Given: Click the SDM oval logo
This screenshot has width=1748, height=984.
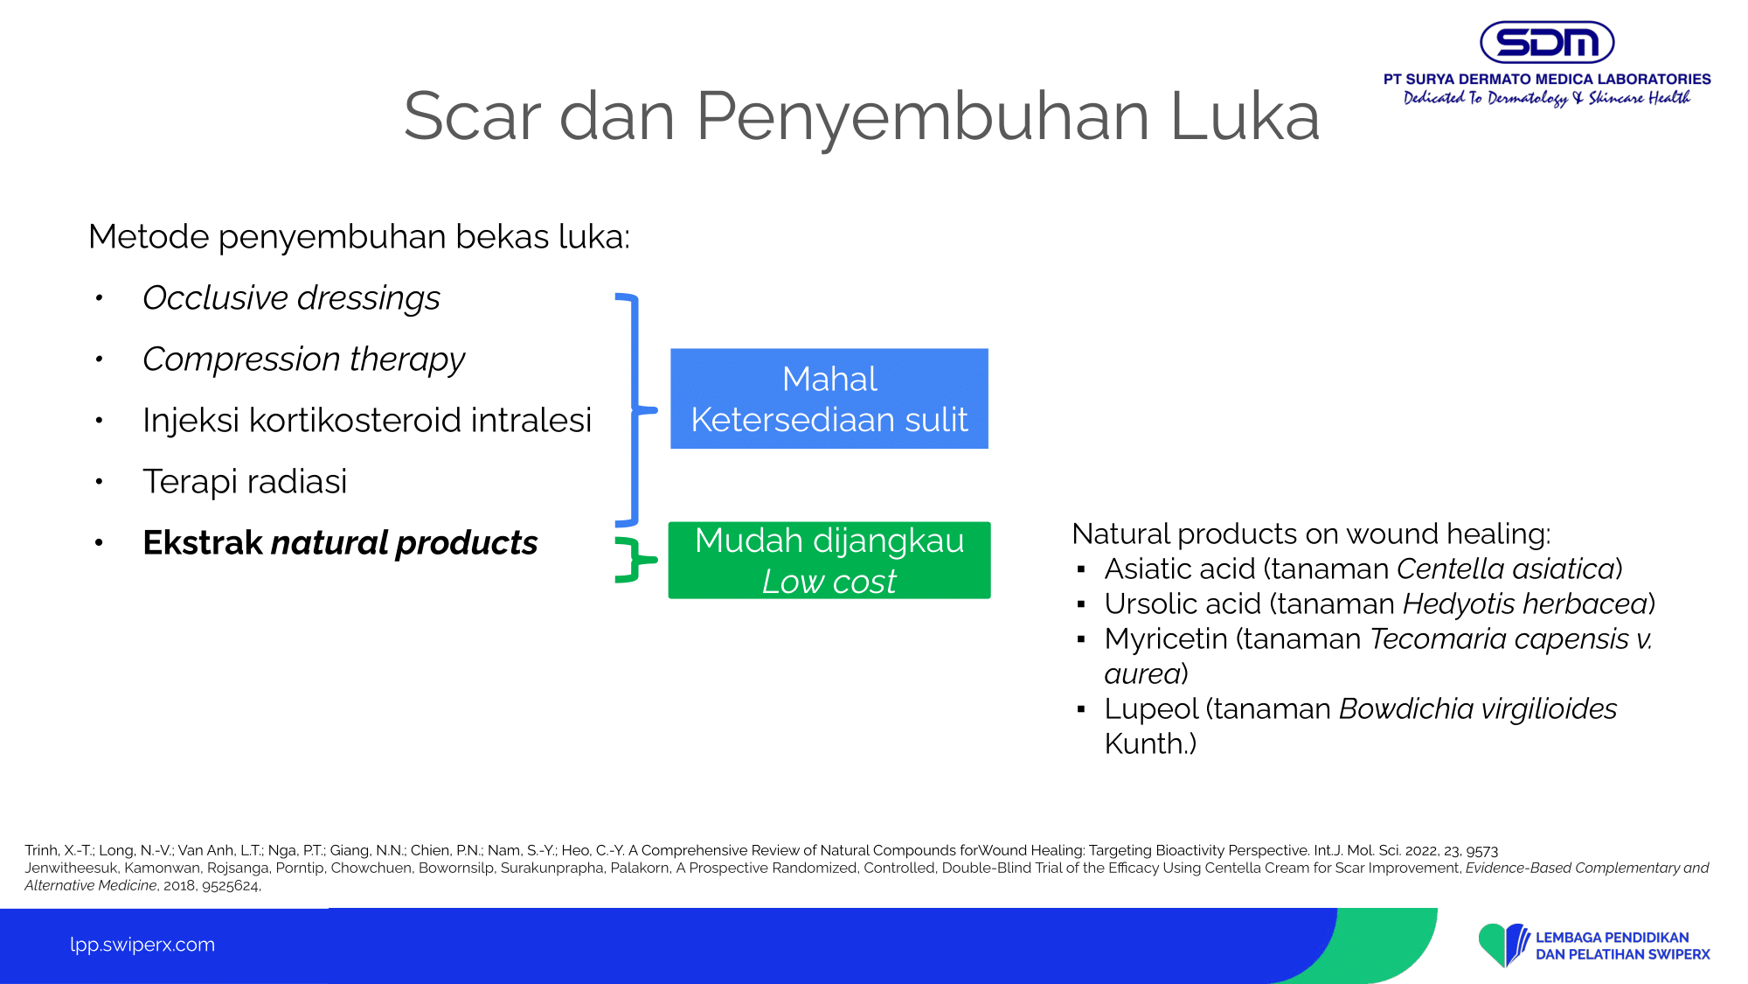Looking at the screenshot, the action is point(1546,42).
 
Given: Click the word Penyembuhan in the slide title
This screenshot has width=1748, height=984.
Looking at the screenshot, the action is point(922,117).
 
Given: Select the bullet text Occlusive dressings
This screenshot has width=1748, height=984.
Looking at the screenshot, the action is point(291,298).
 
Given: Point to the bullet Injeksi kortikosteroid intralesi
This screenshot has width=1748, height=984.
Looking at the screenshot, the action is point(367,421).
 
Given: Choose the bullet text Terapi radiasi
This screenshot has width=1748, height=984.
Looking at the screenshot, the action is point(245,482).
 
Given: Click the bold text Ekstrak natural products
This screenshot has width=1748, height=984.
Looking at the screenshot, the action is point(340,543).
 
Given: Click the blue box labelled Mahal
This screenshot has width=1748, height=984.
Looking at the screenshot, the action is point(829,399).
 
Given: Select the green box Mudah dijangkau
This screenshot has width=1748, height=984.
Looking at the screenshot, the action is point(829,561).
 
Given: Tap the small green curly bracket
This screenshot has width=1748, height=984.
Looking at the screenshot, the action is point(635,560).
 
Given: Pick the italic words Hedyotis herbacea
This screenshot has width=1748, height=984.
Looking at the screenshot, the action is point(1525,604).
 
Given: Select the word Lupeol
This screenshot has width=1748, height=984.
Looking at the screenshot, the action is point(1151,709).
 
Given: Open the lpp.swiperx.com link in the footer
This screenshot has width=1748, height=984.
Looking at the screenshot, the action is point(142,945).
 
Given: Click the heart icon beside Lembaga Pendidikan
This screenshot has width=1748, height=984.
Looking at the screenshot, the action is point(1503,945).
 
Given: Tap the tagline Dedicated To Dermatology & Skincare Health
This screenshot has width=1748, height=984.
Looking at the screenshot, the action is point(1547,98).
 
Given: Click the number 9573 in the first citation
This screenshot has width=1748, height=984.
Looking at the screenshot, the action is point(1481,851).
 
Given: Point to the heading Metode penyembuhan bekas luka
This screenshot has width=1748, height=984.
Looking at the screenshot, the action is point(359,237).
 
